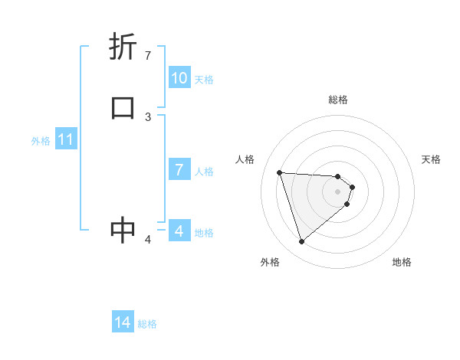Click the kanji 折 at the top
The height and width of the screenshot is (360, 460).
tap(123, 47)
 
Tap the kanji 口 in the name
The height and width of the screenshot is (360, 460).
tap(123, 108)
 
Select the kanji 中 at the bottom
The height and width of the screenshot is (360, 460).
tap(123, 230)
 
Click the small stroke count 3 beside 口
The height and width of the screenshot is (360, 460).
tap(148, 116)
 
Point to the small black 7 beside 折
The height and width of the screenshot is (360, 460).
tap(148, 55)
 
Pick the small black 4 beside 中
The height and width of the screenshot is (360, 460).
tap(148, 240)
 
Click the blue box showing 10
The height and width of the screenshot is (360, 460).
tap(179, 78)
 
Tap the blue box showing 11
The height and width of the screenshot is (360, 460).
tap(66, 139)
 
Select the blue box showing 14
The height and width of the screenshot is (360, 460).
tap(123, 323)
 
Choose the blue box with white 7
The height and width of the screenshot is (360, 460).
tap(179, 170)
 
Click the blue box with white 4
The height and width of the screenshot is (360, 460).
tap(179, 231)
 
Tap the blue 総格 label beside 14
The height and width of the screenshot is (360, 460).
tap(147, 324)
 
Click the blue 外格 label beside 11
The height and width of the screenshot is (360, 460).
tap(41, 141)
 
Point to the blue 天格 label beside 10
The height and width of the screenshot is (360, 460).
tap(204, 80)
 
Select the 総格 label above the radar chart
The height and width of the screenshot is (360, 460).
tap(338, 100)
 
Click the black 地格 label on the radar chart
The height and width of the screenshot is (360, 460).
tap(402, 262)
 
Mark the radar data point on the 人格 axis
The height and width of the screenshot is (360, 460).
tap(280, 172)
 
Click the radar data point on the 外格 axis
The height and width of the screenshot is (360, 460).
tap(301, 242)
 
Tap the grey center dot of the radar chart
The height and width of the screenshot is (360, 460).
tap(338, 191)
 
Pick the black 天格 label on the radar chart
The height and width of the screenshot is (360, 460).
tap(431, 159)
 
